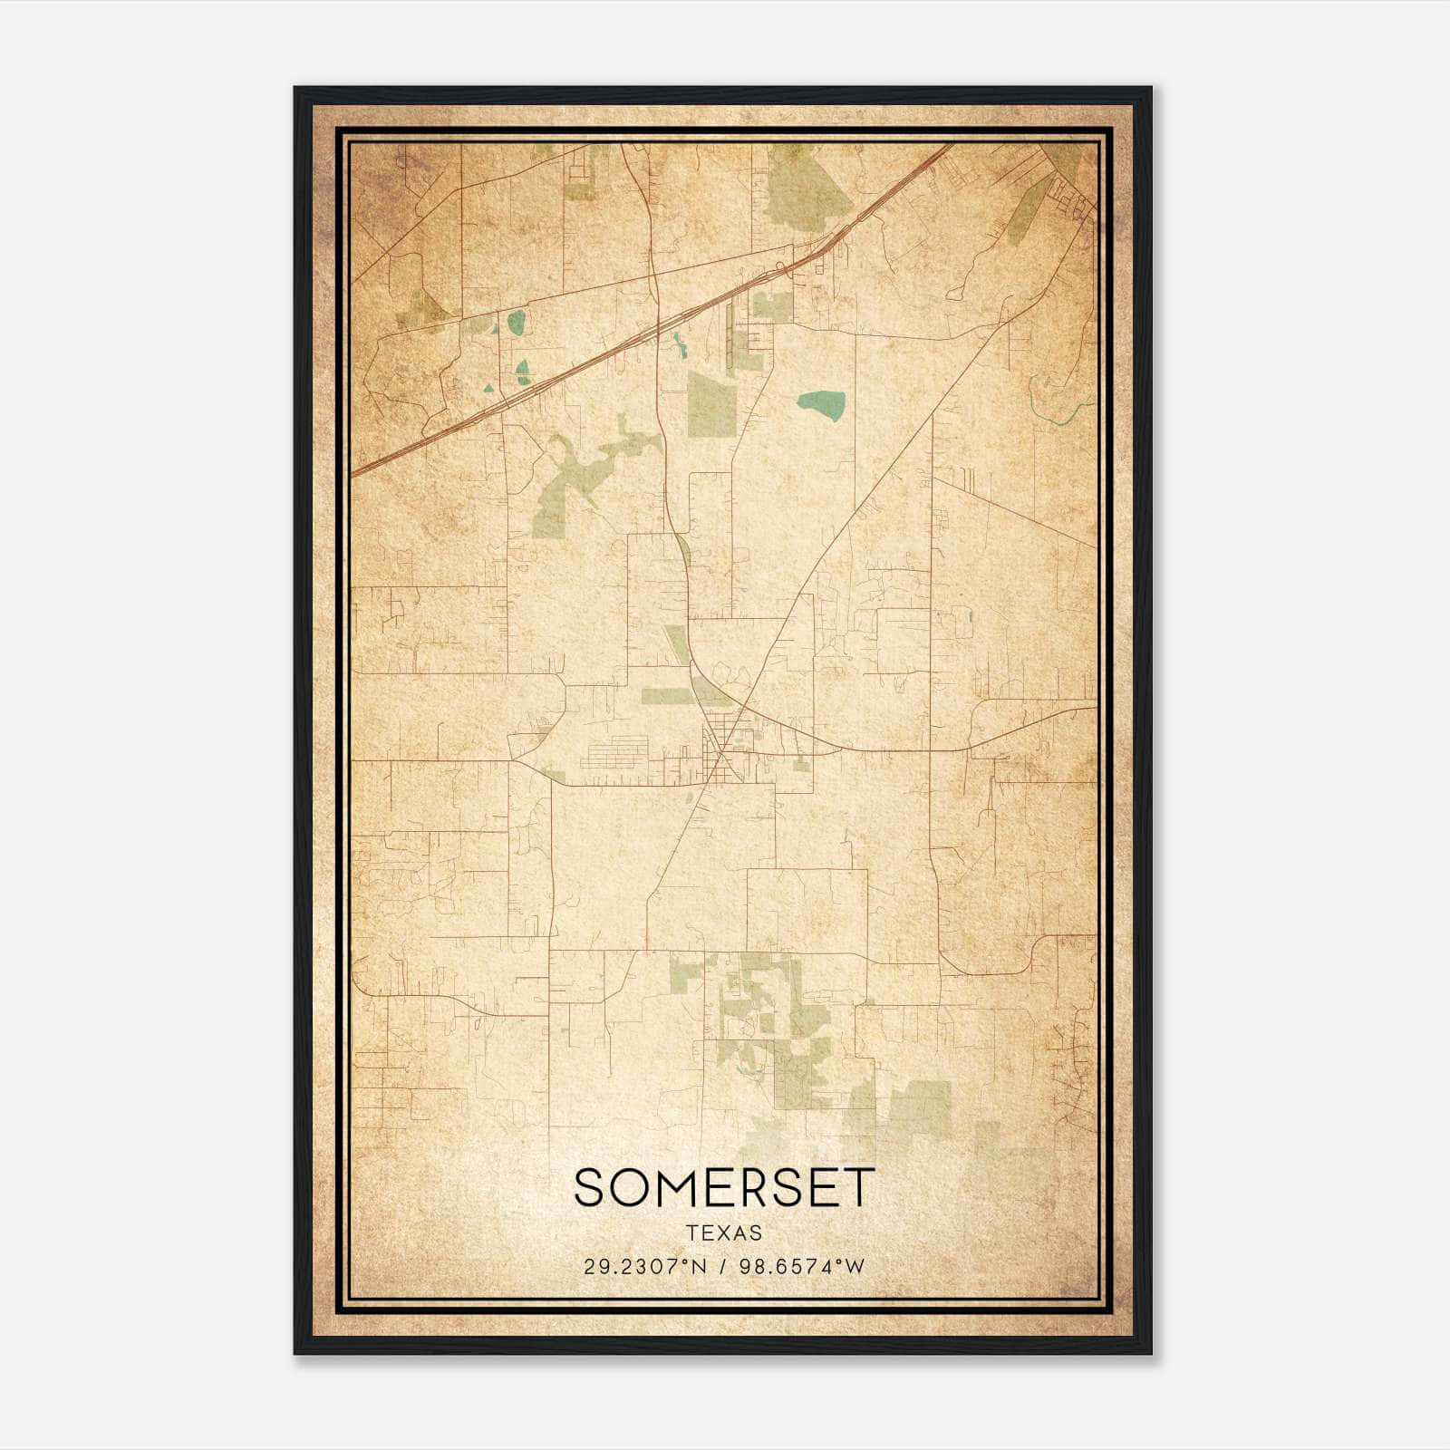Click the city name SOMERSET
pos(724,1187)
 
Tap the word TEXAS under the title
pos(724,1233)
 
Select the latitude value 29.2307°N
pos(643,1267)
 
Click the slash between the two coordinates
pos(721,1267)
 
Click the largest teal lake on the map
pos(822,405)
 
